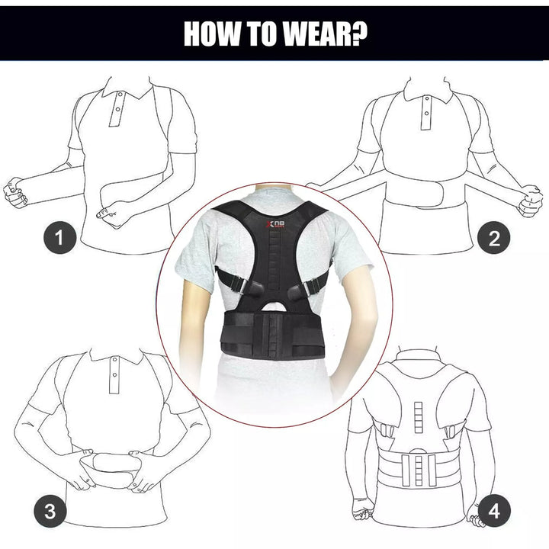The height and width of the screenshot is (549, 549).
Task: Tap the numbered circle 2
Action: point(493,239)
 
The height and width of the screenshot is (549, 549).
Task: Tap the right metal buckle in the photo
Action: point(311,287)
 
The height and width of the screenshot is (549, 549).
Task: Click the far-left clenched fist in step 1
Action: point(14,192)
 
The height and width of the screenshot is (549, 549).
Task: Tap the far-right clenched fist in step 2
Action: point(529,200)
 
